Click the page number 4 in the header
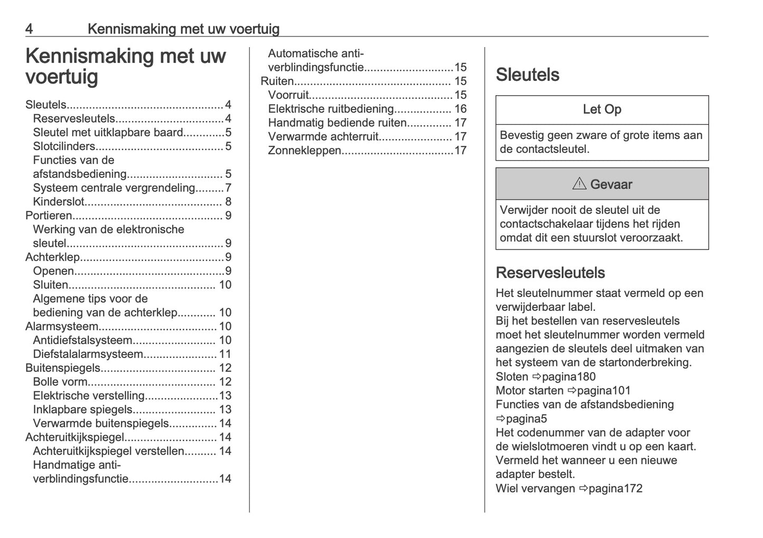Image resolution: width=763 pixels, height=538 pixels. [x=29, y=29]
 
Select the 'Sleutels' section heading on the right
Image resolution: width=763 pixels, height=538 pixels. [x=527, y=75]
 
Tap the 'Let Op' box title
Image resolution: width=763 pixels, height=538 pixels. [x=601, y=109]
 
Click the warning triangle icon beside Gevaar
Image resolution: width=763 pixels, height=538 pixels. [x=579, y=184]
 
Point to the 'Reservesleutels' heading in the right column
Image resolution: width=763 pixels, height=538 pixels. [x=550, y=273]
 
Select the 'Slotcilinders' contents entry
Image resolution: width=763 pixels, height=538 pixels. [x=64, y=146]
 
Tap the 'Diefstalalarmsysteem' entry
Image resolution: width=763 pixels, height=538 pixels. [x=88, y=354]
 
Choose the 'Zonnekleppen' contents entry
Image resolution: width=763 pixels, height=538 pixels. [x=305, y=151]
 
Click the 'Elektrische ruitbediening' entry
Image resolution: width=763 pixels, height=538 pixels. [x=331, y=109]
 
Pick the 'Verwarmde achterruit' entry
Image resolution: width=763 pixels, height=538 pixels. [x=323, y=137]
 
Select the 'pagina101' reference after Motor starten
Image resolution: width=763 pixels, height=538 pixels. [x=604, y=391]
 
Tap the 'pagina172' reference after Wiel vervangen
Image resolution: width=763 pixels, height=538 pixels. [x=615, y=488]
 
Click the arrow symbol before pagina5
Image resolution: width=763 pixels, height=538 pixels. [x=501, y=419]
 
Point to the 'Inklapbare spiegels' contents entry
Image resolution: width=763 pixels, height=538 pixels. [x=82, y=410]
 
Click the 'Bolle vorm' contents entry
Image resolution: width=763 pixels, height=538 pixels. [x=60, y=382]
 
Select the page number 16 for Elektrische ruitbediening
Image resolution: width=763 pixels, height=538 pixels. [x=460, y=109]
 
